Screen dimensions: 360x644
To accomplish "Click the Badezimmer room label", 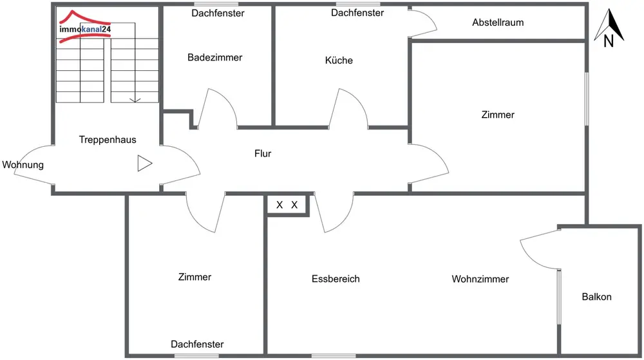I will pyautogui.click(x=215, y=58).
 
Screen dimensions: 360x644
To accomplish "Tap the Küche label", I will pyautogui.click(x=339, y=61).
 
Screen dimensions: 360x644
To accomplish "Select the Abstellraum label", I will pyautogui.click(x=498, y=23).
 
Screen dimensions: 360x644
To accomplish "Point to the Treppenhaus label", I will pyautogui.click(x=108, y=139).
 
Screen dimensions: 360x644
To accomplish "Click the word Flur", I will pyautogui.click(x=263, y=154).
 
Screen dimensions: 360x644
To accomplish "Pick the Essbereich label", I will pyautogui.click(x=336, y=279).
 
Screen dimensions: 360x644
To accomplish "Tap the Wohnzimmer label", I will pyautogui.click(x=480, y=279).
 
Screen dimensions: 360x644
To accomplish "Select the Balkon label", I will pyautogui.click(x=596, y=297).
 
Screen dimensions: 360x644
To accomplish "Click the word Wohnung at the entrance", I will pyautogui.click(x=23, y=165).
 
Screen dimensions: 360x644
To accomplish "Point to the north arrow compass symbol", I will pyautogui.click(x=608, y=31).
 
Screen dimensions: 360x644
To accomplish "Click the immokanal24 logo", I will pyautogui.click(x=84, y=28).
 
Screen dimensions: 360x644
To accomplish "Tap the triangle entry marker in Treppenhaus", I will pyautogui.click(x=144, y=164).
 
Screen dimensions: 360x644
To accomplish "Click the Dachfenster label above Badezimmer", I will pyautogui.click(x=218, y=13).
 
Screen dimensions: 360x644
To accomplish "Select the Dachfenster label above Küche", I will pyautogui.click(x=357, y=13).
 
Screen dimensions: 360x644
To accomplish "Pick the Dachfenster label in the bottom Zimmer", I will pyautogui.click(x=197, y=345).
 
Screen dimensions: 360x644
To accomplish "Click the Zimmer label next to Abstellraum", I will pyautogui.click(x=498, y=115).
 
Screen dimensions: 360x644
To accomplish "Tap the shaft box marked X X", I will pyautogui.click(x=287, y=205).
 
